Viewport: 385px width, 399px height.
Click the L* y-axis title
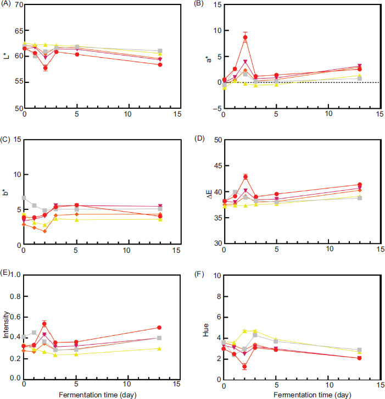tap(5, 56)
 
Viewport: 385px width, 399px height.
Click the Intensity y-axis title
tap(6, 325)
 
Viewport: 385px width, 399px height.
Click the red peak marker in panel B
tap(245, 38)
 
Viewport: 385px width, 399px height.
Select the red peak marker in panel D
tap(245, 177)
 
